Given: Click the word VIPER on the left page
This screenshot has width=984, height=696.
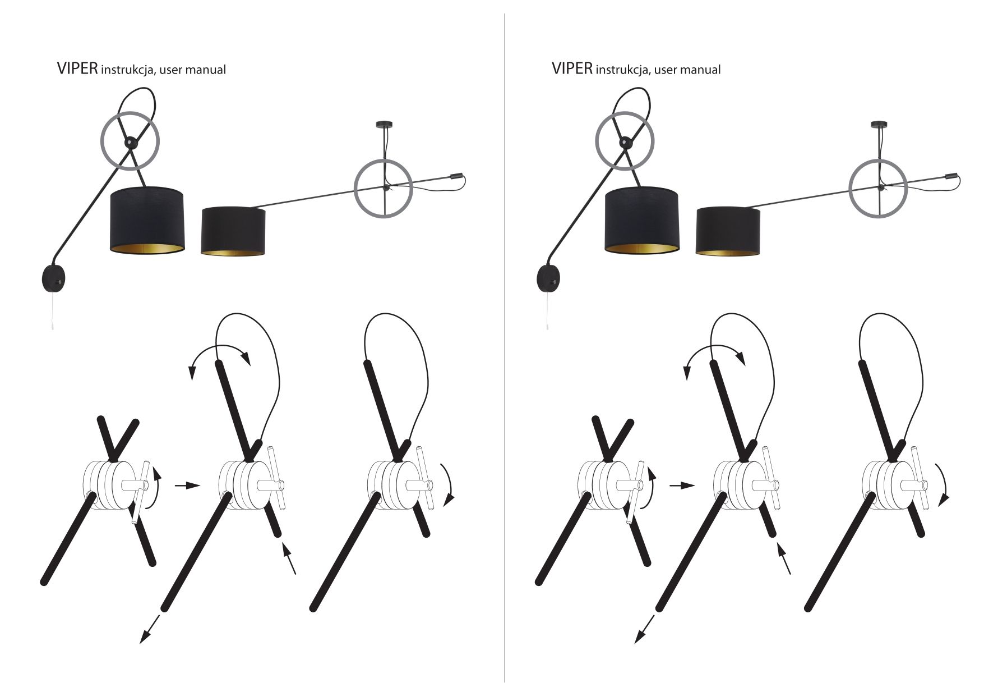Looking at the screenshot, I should (x=77, y=68).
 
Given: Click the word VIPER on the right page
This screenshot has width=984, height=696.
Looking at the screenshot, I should (x=571, y=68).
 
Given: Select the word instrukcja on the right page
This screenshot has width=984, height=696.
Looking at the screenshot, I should (x=622, y=70).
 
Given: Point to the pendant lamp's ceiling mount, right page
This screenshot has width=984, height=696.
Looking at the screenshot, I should (x=879, y=125).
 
